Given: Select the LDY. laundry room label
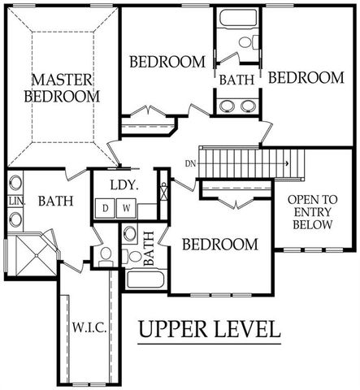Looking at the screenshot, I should click(124, 184).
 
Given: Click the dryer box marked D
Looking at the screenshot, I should click(106, 208).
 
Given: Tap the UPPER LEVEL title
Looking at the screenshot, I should click(209, 330).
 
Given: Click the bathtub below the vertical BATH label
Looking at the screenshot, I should click(145, 280).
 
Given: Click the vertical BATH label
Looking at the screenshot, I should click(149, 249).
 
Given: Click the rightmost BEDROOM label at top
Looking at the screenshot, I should click(306, 77).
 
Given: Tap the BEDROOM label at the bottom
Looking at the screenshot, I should click(219, 244).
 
